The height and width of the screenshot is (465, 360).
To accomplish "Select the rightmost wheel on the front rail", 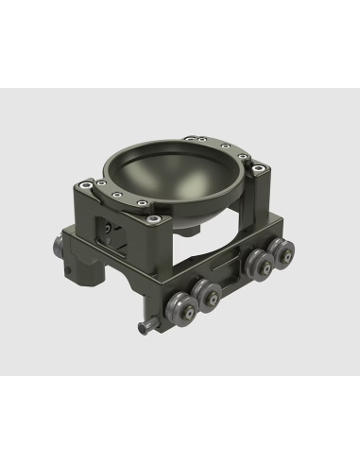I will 281,252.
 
